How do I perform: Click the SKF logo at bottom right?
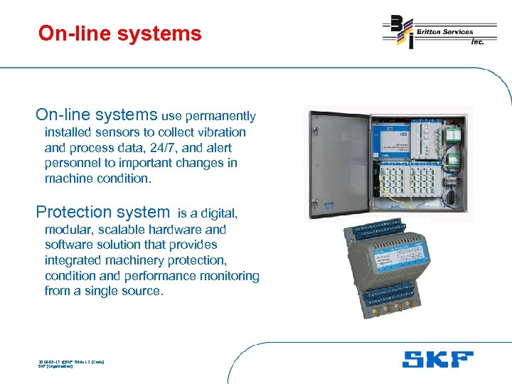(437, 359)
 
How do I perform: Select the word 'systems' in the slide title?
(166, 33)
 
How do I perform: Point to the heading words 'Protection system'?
(102, 212)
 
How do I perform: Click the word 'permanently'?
(221, 116)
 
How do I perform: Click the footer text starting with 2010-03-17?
(71, 362)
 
